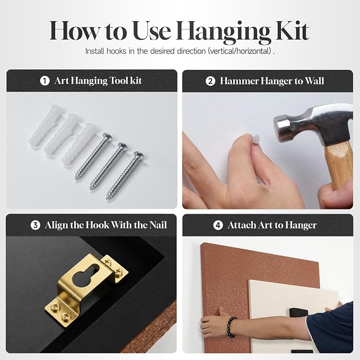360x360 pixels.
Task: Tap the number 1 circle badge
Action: point(45,81)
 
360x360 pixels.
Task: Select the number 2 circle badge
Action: point(210,81)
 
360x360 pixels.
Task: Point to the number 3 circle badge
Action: point(36,225)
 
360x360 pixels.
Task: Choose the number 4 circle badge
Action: point(218,225)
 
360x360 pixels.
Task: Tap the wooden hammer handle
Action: point(339,165)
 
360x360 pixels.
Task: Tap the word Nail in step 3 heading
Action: point(158,225)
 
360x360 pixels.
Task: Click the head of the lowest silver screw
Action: point(139,155)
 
